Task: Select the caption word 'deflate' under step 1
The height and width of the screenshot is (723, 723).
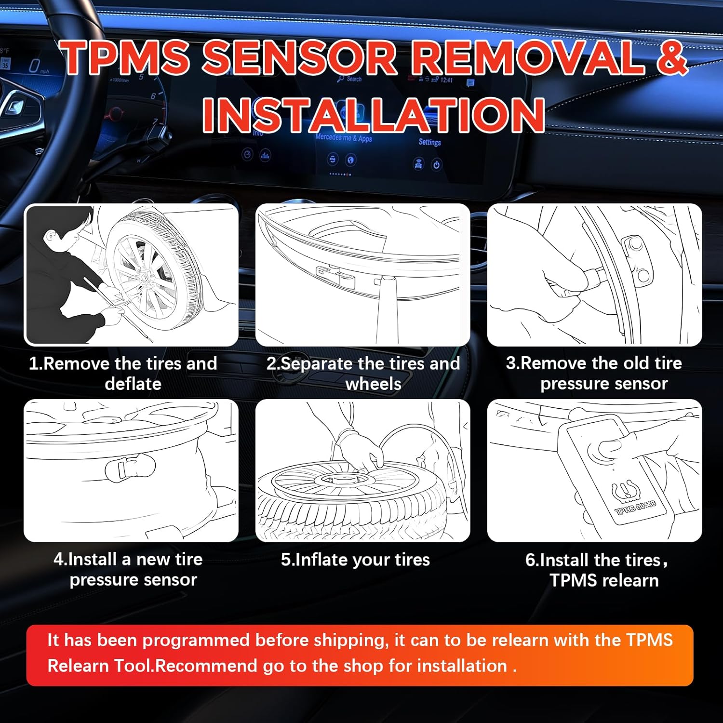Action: (133, 384)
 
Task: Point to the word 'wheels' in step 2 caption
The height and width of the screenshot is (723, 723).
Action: (374, 384)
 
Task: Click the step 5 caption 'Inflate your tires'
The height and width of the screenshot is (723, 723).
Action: (355, 560)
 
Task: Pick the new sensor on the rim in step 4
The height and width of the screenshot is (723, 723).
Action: (130, 467)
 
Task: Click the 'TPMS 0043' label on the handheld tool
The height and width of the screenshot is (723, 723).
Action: (636, 508)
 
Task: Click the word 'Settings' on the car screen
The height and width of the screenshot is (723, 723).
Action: (429, 142)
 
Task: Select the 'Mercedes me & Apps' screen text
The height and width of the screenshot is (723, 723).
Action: (344, 138)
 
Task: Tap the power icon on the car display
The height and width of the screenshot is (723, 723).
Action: (436, 165)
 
